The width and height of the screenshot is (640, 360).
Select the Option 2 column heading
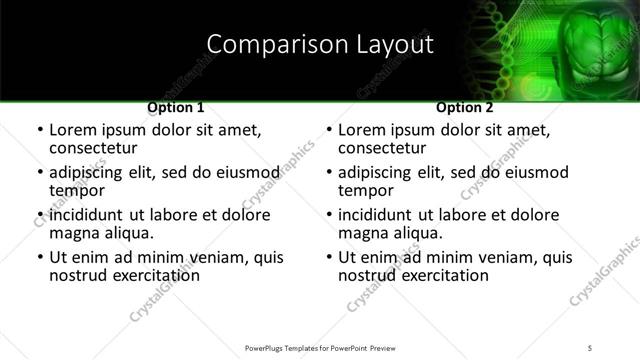465,107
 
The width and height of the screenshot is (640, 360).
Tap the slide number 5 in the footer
591,348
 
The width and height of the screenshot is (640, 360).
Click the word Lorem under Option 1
74,130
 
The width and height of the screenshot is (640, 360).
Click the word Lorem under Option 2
363,130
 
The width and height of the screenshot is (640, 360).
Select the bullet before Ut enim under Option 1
39,258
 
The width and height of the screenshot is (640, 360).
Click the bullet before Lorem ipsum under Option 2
328,131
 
